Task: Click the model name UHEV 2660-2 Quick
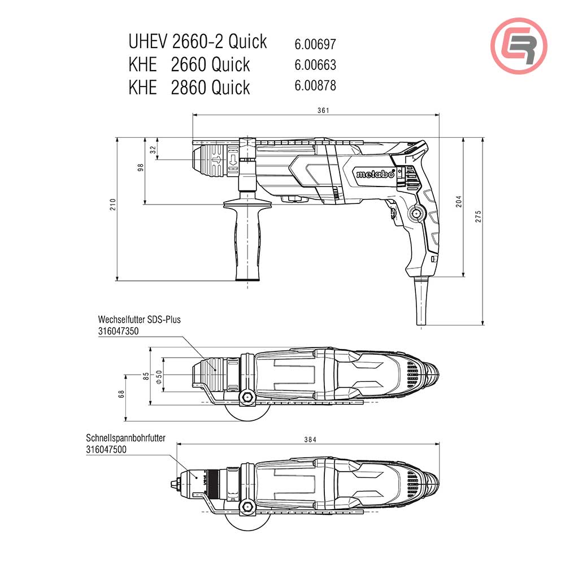click(x=198, y=42)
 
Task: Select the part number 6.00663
click(x=315, y=65)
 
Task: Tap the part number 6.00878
click(x=315, y=86)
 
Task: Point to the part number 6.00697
click(x=315, y=44)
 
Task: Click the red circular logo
click(x=519, y=46)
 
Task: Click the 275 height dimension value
click(x=479, y=219)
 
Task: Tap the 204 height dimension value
click(x=459, y=202)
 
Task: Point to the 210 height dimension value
click(x=113, y=205)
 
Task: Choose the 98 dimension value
click(x=140, y=167)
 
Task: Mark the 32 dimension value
click(x=153, y=149)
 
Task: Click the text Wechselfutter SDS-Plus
click(x=139, y=320)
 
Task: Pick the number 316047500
click(x=106, y=450)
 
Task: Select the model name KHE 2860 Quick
click(x=189, y=88)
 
